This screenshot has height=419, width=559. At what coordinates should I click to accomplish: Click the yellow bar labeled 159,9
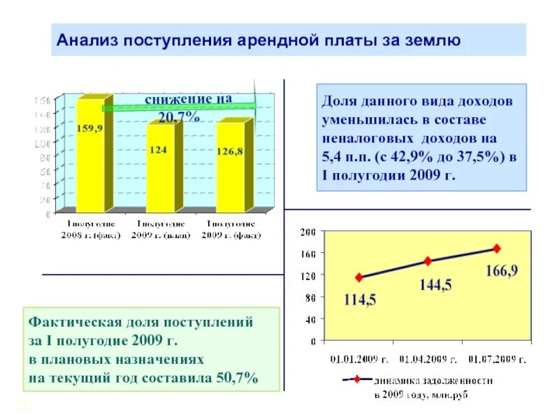pos(90,157)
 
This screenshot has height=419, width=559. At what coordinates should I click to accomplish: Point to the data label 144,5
pos(435,285)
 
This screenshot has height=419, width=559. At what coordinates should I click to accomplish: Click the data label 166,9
pos(502,270)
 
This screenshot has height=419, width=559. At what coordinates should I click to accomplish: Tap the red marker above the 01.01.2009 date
pos(359,277)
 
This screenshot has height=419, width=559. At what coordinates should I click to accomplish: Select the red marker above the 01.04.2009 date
pos(428,261)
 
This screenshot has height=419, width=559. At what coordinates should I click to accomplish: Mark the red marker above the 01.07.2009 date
pos(497,248)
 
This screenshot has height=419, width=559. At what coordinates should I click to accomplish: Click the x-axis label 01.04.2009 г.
pos(428,360)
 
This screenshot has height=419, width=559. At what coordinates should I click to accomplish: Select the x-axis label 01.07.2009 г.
pos(497,360)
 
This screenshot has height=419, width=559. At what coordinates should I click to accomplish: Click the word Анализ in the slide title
pos(87,40)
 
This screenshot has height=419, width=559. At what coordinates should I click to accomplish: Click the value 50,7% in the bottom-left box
pos(238,378)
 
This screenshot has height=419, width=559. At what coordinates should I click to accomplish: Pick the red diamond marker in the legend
pos(356,381)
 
